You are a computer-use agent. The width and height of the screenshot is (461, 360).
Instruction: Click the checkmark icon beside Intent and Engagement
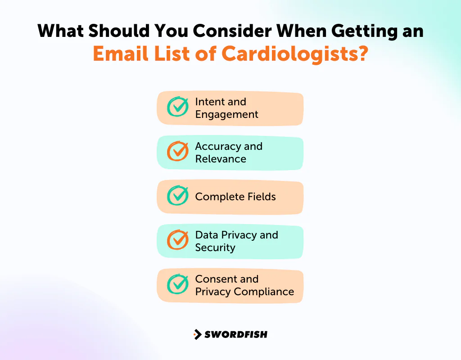177,107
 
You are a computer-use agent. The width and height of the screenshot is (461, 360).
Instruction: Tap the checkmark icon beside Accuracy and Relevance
177,152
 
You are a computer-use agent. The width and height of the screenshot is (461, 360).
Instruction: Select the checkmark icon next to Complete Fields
177,196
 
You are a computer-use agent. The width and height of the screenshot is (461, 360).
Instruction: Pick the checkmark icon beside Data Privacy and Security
177,240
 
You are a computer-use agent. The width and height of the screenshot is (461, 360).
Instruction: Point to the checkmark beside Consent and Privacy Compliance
177,284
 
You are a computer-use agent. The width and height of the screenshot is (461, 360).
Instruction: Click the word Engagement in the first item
226,114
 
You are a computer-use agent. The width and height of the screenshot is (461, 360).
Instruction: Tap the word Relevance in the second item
221,159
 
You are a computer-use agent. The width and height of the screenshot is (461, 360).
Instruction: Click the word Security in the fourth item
215,247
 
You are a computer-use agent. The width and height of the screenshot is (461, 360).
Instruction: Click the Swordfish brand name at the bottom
236,334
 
